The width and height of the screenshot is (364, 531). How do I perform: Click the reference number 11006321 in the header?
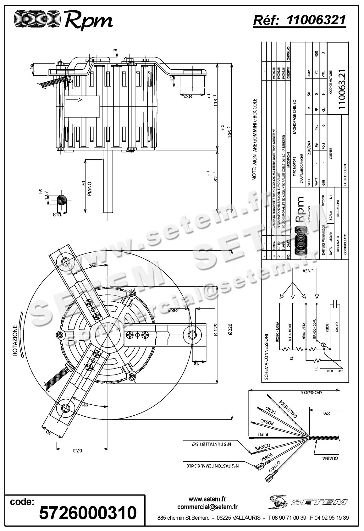click(316, 20)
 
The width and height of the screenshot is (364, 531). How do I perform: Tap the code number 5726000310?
click(88, 512)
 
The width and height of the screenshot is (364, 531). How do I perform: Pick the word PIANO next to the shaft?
click(90, 188)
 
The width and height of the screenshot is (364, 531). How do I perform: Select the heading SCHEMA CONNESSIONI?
click(266, 357)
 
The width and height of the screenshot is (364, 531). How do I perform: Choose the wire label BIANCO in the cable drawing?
click(263, 447)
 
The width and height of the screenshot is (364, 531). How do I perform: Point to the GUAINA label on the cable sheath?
click(330, 459)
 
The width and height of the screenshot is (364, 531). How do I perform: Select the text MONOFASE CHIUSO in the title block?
click(295, 117)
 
